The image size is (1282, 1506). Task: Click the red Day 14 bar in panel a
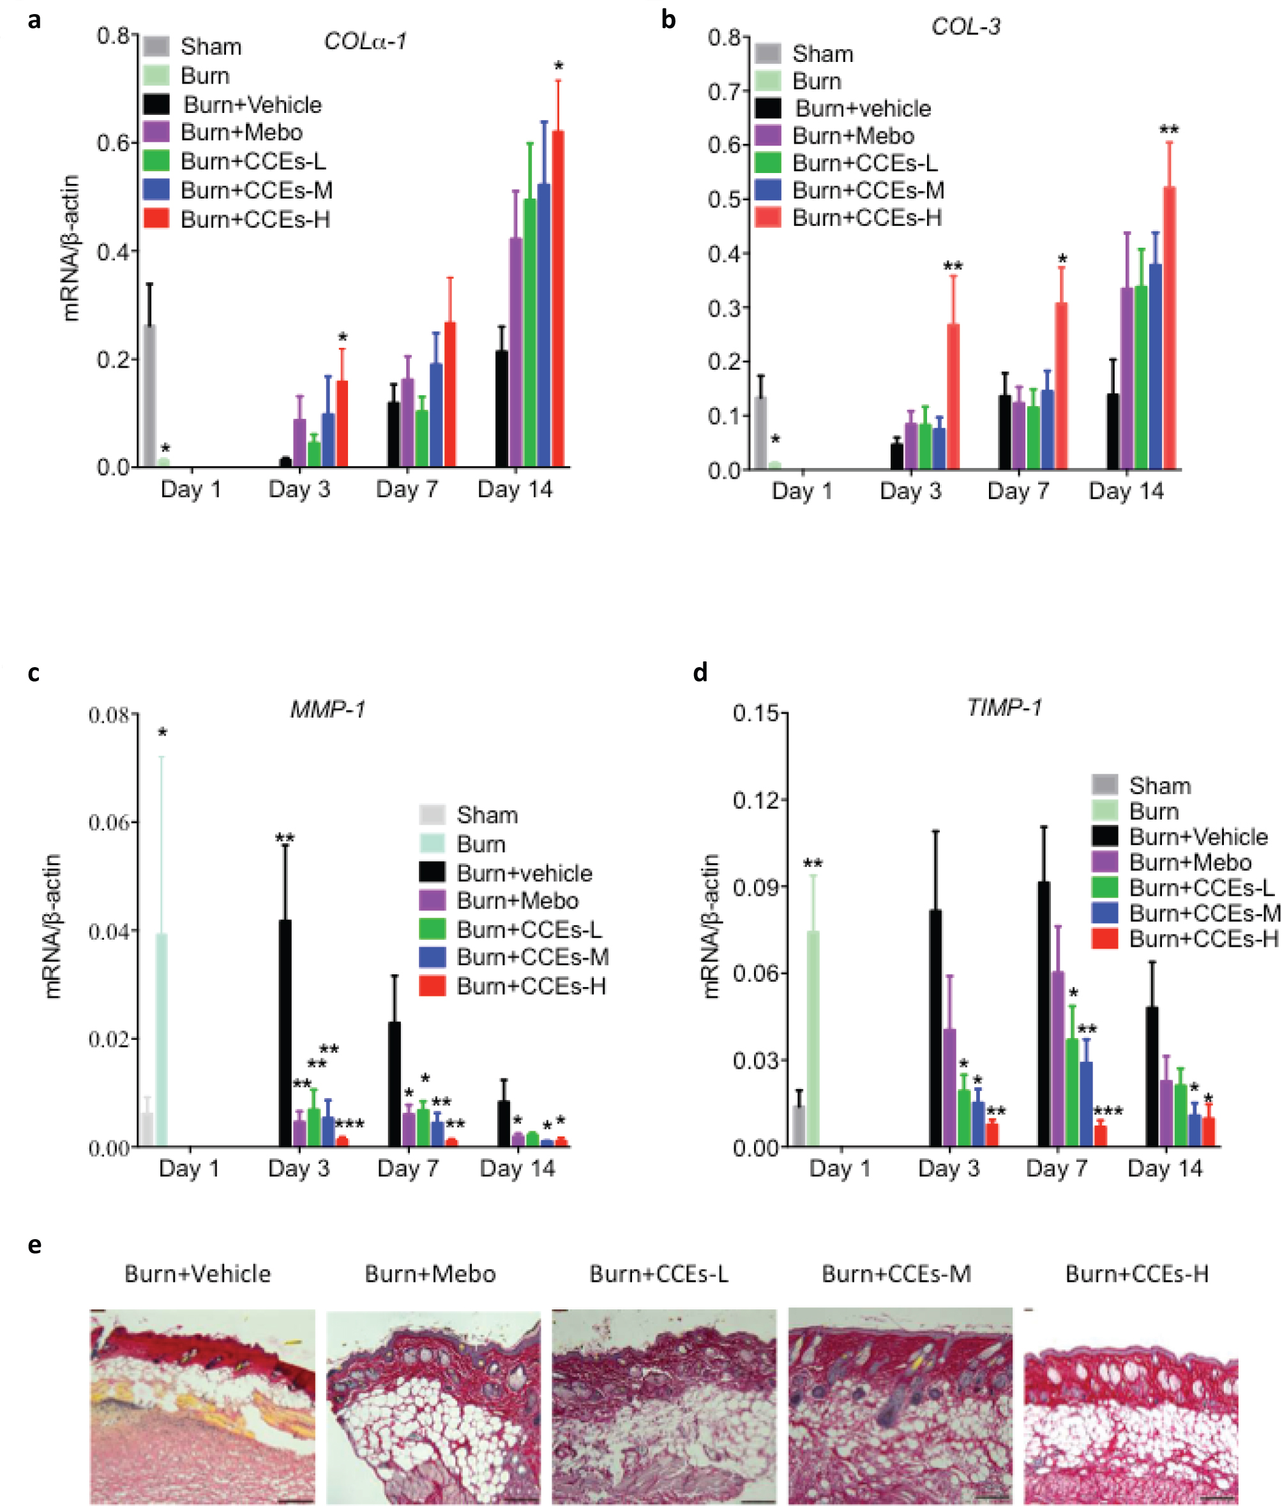click(x=558, y=298)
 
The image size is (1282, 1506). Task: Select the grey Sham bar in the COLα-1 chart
click(x=149, y=396)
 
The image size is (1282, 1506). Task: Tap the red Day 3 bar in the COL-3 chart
click(x=953, y=396)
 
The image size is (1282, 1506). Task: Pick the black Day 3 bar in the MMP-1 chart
click(x=285, y=1032)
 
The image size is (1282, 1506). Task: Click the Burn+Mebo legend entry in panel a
click(x=241, y=132)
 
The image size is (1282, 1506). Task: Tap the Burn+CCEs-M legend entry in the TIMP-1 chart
click(x=1203, y=913)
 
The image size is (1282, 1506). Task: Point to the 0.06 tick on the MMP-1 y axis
click(x=109, y=822)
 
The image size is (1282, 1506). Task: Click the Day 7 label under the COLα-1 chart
click(x=407, y=489)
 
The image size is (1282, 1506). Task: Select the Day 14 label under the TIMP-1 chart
click(x=1165, y=1169)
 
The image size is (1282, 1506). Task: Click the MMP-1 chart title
click(x=328, y=709)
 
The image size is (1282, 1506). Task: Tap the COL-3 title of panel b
click(x=965, y=27)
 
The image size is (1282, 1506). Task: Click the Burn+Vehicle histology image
click(x=203, y=1406)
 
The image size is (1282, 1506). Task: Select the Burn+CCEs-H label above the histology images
click(x=1136, y=1274)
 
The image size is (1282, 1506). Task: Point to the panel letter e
click(x=34, y=1245)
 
